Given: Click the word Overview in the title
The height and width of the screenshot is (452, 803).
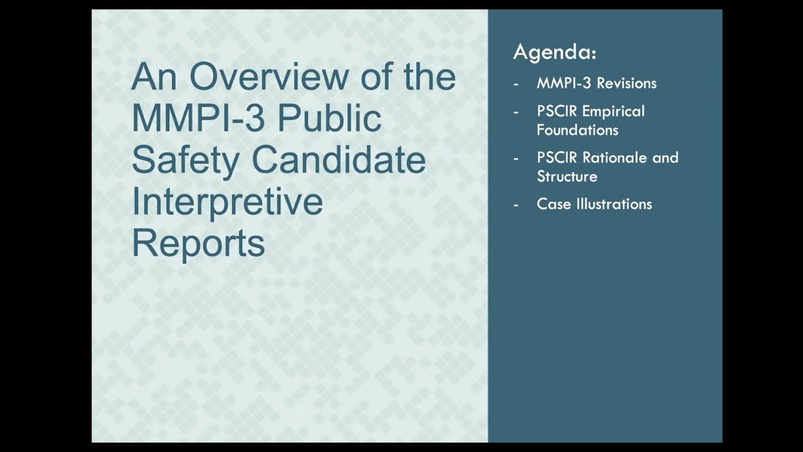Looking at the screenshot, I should point(264,77).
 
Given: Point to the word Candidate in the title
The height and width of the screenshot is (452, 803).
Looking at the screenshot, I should point(338,160).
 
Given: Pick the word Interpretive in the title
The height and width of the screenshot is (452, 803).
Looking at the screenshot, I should point(227,202).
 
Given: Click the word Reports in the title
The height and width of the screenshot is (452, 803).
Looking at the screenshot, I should point(198,244).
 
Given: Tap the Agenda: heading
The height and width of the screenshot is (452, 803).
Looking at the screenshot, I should point(555,53).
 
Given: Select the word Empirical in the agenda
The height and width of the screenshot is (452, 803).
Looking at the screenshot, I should point(613,112).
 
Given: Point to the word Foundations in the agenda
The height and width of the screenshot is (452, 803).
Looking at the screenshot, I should point(577,130).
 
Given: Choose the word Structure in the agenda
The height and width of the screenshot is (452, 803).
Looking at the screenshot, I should point(566,176).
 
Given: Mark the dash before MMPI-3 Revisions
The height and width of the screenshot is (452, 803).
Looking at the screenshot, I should point(516,83).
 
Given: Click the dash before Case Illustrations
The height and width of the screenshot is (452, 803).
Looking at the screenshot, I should point(516,204).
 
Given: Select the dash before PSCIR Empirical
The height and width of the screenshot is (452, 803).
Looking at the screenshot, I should point(516,112).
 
